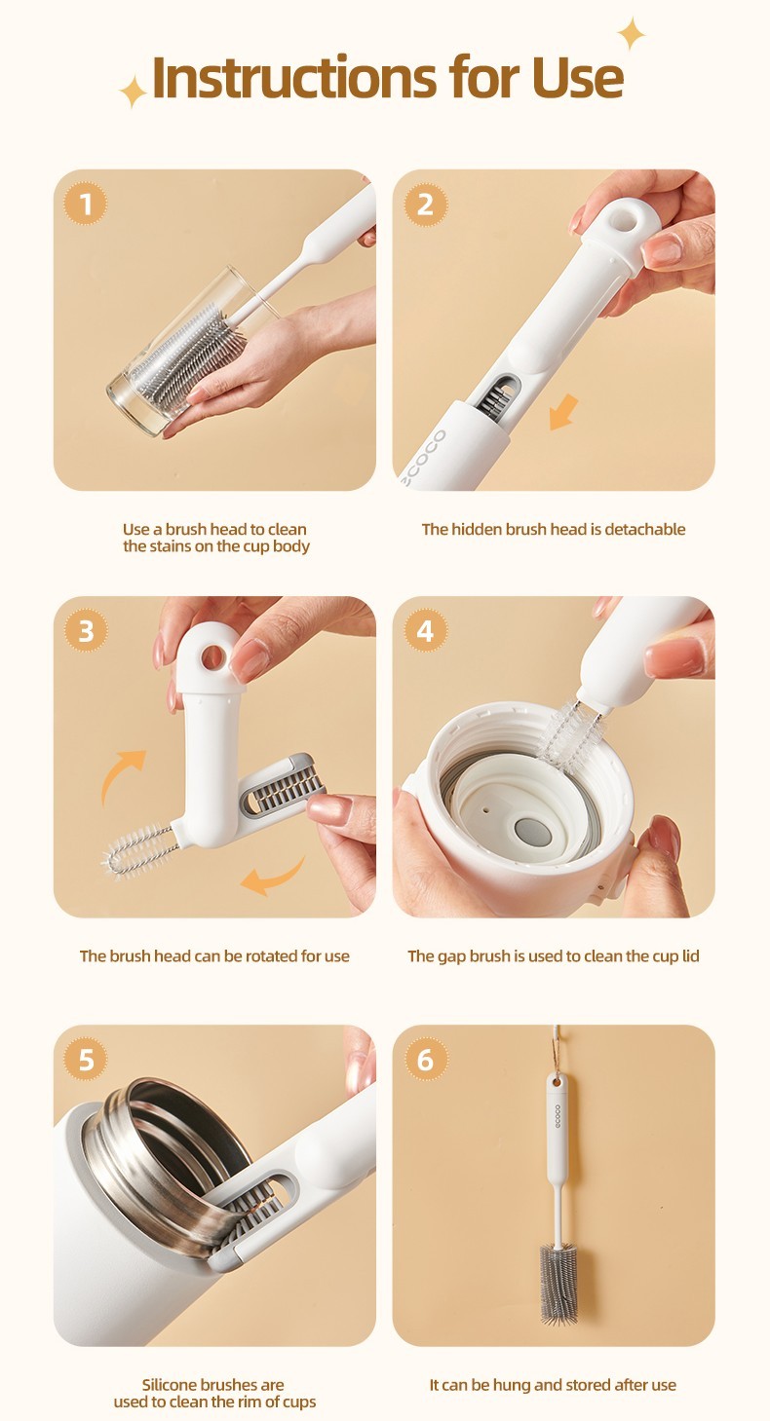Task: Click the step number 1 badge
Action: (86, 204)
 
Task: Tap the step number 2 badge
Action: (425, 204)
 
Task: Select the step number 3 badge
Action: (86, 630)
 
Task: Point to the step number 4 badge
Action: (425, 630)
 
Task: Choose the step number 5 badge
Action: (86, 1059)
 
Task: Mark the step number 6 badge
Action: (425, 1059)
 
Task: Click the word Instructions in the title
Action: (294, 77)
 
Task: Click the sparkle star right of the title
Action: (631, 34)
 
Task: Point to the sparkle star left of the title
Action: (134, 92)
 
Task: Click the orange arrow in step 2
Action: (563, 411)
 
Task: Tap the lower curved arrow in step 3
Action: (273, 876)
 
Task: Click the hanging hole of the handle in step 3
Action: (212, 657)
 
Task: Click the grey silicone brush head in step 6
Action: (558, 1284)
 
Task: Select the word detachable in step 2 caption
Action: (645, 529)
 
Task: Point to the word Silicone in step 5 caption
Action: (168, 1384)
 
